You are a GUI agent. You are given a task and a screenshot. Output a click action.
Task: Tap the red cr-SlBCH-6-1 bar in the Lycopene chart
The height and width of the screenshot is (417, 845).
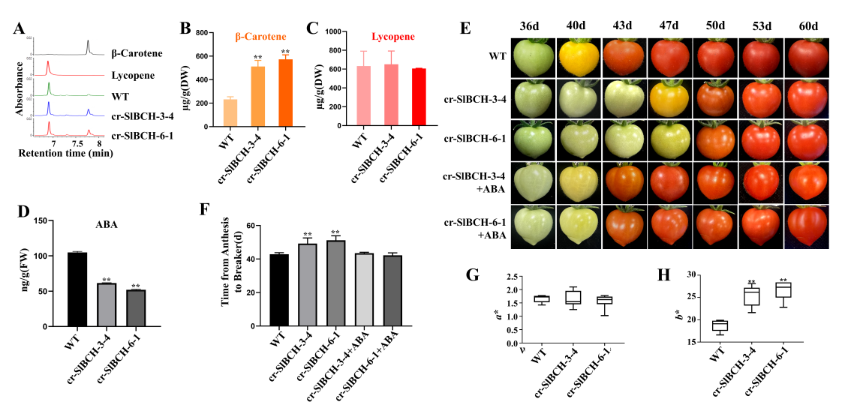click(x=419, y=97)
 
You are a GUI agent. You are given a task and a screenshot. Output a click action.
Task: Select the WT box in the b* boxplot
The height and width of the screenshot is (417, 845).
click(x=720, y=325)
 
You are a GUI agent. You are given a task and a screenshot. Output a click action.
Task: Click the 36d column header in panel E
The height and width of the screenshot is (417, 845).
click(x=530, y=26)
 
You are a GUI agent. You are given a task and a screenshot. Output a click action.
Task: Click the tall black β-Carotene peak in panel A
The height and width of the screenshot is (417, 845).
click(x=88, y=46)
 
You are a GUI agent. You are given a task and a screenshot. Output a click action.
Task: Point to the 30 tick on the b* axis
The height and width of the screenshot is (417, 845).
click(x=682, y=275)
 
